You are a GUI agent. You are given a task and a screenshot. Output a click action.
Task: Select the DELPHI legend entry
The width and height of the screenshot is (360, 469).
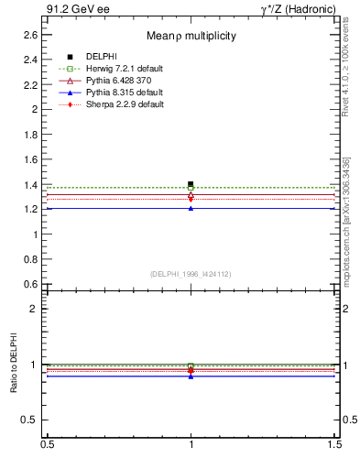[100, 57]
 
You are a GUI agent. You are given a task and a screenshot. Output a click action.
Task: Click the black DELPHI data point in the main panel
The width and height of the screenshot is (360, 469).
[191, 183]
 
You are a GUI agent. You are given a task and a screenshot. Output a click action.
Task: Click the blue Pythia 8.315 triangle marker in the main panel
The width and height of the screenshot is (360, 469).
[191, 208]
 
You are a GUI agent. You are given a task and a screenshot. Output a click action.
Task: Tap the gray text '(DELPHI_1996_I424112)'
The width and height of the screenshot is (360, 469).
[191, 273]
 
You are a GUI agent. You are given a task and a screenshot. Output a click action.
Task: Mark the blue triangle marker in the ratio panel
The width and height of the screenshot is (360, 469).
[191, 376]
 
